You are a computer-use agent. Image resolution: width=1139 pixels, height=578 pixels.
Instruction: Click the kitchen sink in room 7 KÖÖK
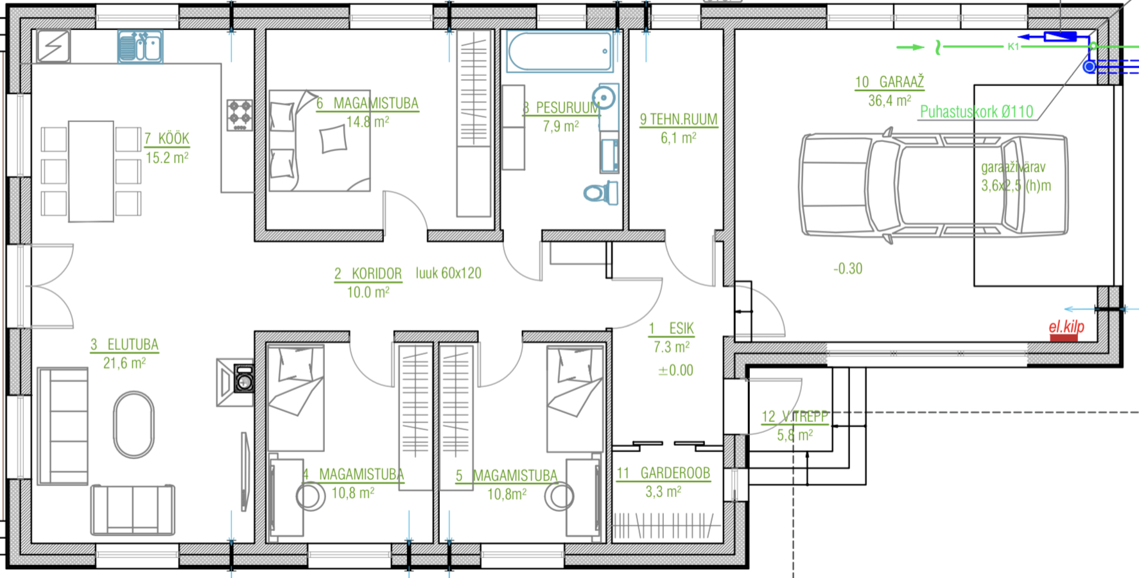coord(140,47)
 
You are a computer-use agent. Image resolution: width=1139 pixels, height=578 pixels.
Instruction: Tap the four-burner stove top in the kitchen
coord(239,115)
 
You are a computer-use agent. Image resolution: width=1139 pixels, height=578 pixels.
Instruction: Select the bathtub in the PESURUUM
coord(559,51)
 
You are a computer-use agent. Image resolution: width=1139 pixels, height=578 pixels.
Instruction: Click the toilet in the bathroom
coord(601,192)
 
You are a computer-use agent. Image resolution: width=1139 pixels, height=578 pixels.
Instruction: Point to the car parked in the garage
coord(934,185)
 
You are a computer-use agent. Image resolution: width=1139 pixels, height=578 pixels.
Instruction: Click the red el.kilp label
coord(1066,327)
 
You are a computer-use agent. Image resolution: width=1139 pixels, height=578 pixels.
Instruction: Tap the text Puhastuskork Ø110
coord(977,112)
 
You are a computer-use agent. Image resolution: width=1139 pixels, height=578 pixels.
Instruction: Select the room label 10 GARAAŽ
coord(889,82)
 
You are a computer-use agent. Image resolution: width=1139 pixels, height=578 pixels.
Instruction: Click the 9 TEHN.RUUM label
coord(679,119)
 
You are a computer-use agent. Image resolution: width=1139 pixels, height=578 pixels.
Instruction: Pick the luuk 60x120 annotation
coord(448,273)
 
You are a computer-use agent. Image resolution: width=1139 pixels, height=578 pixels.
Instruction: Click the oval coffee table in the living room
coord(134,425)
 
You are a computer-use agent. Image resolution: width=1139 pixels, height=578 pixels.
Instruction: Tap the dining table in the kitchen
coord(91,171)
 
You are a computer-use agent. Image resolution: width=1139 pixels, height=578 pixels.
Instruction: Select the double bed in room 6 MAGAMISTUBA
coord(319,141)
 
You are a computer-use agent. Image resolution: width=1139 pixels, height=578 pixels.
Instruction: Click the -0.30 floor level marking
coord(848,268)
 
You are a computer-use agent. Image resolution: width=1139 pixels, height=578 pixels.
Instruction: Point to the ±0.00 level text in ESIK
coord(675,371)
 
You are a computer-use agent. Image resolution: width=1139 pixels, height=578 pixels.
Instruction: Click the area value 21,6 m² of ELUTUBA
coord(125,363)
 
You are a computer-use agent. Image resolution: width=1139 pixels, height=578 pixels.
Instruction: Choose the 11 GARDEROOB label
coord(663,473)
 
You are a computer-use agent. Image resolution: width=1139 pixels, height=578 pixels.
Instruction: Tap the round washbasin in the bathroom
coord(604,98)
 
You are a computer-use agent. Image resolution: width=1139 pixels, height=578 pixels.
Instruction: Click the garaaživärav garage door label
coord(1013,168)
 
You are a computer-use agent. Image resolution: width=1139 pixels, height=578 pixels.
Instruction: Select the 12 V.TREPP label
coord(795,417)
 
